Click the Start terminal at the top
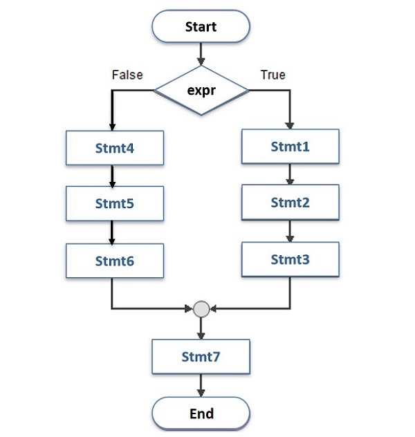(201, 27)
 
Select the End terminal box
(201, 413)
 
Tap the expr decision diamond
(201, 90)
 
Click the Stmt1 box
(290, 147)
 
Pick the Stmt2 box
(290, 203)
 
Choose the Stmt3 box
(290, 260)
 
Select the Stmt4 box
(115, 148)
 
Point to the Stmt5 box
(115, 205)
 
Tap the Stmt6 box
(115, 261)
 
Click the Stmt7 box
(201, 357)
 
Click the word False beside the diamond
(127, 75)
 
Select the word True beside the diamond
(273, 75)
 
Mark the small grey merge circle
(201, 308)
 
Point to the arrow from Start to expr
(201, 54)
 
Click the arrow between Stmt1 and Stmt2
(290, 174)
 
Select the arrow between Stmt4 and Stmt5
(112, 176)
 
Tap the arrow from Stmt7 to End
(201, 385)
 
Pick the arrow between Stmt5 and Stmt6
(112, 233)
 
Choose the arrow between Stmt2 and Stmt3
(290, 231)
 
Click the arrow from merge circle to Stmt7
(201, 328)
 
